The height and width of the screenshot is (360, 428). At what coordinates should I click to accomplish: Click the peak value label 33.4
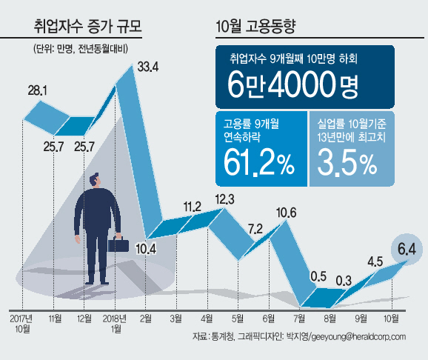(147, 67)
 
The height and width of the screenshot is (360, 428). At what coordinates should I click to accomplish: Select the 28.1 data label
(38, 90)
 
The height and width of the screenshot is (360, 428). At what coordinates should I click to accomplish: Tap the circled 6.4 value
(407, 250)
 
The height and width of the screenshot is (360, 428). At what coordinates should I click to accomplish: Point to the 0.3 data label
(344, 281)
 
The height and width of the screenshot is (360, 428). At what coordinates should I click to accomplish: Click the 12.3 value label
(224, 199)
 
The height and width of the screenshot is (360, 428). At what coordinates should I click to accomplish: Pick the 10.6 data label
(286, 213)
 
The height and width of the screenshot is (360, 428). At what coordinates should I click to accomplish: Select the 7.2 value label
(255, 229)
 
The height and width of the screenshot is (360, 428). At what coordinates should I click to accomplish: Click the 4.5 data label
(375, 262)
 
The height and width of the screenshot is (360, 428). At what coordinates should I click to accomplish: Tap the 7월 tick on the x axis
(299, 319)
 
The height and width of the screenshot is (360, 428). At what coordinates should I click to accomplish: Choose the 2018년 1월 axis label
(115, 324)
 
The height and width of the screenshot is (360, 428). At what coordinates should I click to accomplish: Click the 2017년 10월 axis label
(21, 324)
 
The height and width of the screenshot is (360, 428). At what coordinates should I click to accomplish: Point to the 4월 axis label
(207, 319)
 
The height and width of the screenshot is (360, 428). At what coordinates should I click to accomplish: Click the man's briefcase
(118, 244)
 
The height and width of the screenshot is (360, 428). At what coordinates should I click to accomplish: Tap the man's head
(96, 180)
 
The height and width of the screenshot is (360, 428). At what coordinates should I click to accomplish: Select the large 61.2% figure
(259, 164)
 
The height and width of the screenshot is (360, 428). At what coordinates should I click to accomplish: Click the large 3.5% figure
(347, 163)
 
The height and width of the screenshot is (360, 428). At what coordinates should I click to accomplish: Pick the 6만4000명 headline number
(292, 84)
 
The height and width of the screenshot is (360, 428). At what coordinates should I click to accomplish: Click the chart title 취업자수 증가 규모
(88, 27)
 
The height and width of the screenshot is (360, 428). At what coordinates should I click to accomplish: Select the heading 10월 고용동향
(255, 27)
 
